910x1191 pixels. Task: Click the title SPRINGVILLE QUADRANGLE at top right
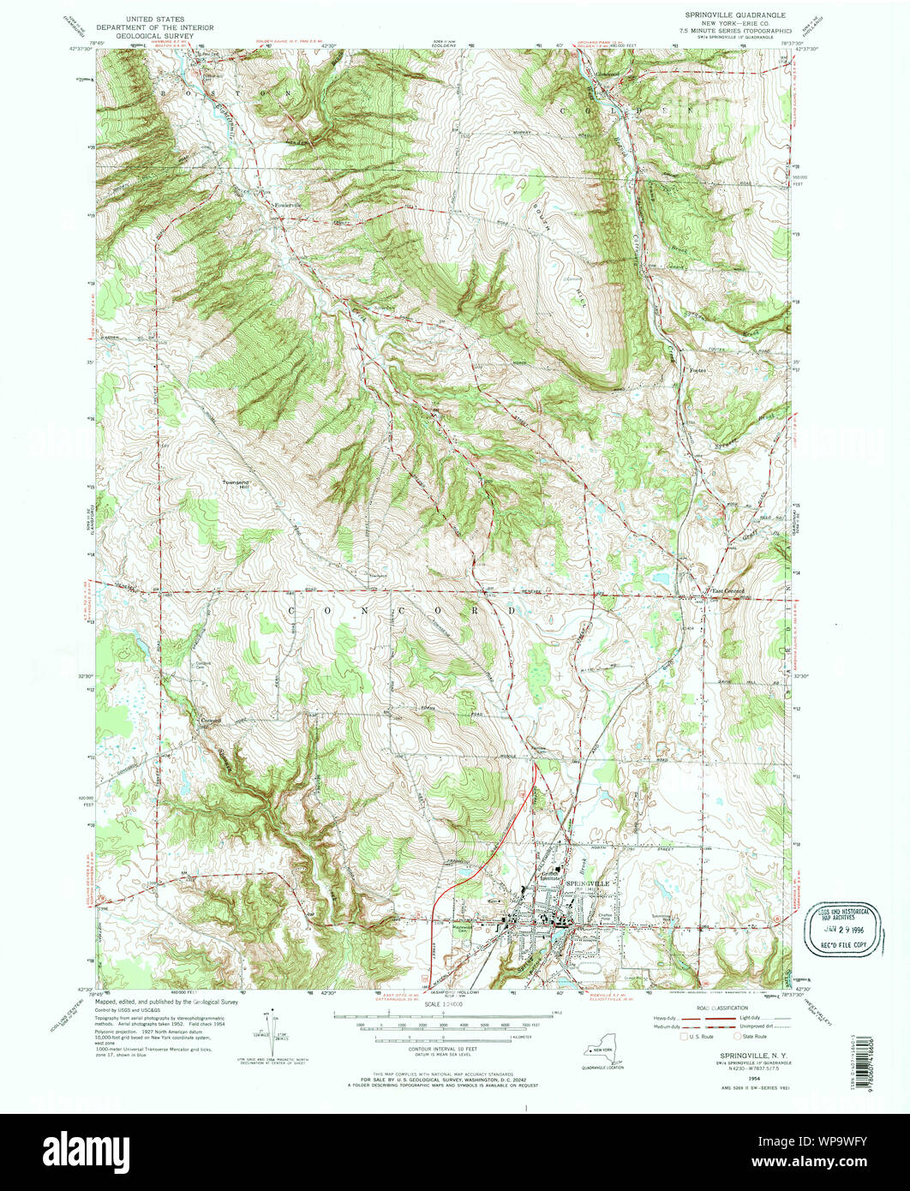[743, 16]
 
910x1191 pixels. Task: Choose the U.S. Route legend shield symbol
[683, 1036]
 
